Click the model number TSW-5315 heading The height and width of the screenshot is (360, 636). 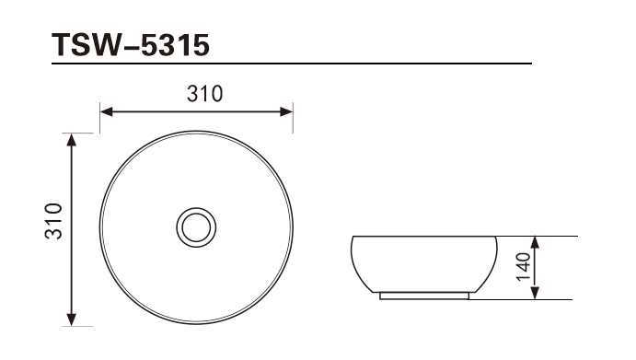(130, 44)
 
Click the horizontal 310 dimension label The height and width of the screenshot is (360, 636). (205, 94)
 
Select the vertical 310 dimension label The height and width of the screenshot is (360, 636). (54, 221)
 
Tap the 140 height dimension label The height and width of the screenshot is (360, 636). (523, 267)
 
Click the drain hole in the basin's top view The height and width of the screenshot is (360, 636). (196, 227)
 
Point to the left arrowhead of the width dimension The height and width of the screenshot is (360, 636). (106, 111)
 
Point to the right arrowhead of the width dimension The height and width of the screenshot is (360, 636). (286, 111)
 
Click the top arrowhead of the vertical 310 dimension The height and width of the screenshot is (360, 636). (72, 140)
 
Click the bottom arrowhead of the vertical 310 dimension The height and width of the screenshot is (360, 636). (72, 319)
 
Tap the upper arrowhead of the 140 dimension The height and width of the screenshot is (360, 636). (535, 243)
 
